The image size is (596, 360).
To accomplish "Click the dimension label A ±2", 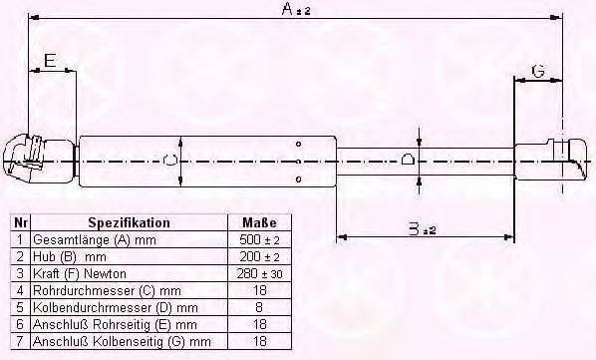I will [x=295, y=10].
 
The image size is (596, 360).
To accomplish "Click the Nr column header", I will [x=20, y=222].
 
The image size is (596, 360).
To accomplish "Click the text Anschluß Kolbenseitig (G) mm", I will [x=122, y=341].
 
